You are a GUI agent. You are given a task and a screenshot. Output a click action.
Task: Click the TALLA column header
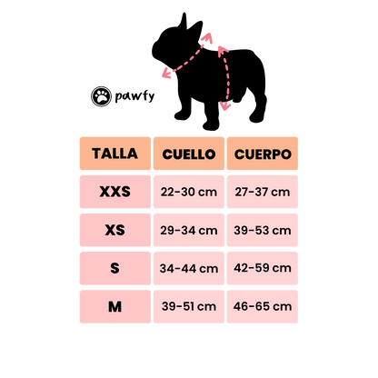(115, 154)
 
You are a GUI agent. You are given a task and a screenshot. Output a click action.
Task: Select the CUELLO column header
(189, 154)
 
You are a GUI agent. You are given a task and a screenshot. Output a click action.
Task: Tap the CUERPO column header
(263, 154)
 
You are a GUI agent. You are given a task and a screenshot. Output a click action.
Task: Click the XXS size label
(115, 192)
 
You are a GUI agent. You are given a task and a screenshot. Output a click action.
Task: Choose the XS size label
(115, 230)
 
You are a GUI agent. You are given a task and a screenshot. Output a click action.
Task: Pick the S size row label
(115, 268)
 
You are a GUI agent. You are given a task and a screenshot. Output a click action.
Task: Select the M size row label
(115, 307)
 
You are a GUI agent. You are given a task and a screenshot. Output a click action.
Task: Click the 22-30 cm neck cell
(189, 192)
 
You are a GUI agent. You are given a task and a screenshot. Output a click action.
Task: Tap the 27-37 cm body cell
(263, 192)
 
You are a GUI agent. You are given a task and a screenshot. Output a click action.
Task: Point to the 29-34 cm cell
(189, 230)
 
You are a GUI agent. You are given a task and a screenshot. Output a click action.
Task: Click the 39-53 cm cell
(263, 230)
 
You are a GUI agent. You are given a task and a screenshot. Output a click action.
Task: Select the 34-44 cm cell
(189, 268)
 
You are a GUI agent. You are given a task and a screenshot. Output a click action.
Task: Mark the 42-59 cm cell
(263, 268)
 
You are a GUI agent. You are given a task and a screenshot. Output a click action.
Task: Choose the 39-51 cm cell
(189, 307)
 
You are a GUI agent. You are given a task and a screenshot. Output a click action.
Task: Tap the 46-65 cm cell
(263, 307)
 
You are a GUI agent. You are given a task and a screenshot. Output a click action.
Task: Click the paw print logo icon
(101, 96)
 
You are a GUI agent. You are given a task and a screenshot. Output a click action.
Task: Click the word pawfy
(134, 96)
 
